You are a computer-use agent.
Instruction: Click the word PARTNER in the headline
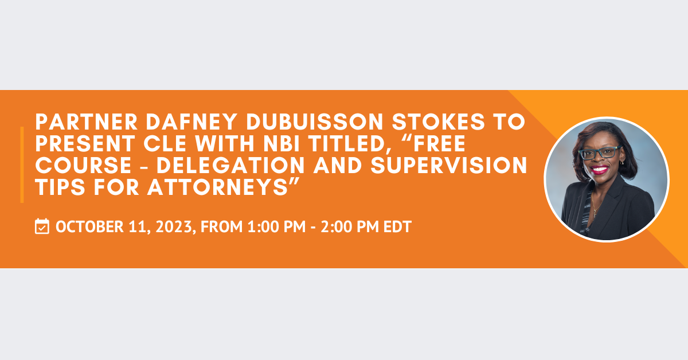pos(87,122)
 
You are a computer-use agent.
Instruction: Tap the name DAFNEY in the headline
pos(191,122)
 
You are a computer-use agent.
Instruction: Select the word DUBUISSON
pos(315,122)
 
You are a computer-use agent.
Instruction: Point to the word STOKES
pos(439,122)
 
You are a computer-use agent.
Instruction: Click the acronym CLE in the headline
pos(165,143)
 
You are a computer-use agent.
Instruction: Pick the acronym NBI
pos(282,143)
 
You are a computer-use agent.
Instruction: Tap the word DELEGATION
pos(230,165)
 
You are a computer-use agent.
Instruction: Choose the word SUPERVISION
pos(449,165)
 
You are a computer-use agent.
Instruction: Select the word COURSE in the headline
pos(84,165)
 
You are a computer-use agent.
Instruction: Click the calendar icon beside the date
pos(42,226)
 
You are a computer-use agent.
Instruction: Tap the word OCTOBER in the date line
pos(89,226)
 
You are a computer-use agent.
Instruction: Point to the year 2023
pos(174,226)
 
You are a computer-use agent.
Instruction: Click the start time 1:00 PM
pos(276,226)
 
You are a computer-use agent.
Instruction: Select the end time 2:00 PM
pos(350,226)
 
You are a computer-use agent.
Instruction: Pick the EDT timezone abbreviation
pos(397,226)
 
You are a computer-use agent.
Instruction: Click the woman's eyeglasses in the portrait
pos(599,152)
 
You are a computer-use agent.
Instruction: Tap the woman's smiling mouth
pos(599,170)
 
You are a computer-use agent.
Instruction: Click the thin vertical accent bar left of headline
pos(22,165)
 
